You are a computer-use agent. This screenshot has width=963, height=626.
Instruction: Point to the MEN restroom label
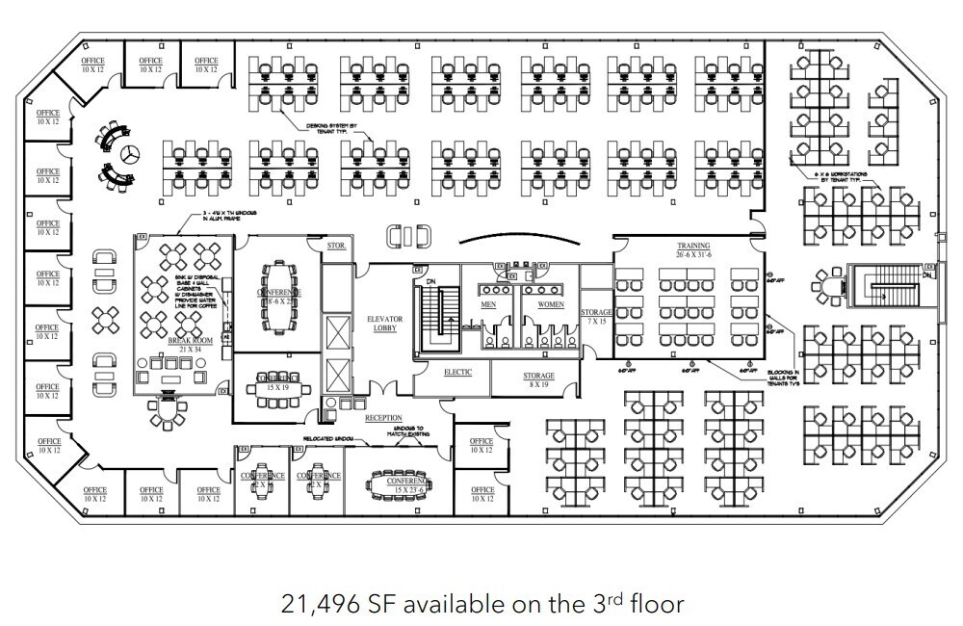488,304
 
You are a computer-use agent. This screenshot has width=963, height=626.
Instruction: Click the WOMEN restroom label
550,304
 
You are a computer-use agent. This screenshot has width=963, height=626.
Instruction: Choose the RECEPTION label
382,418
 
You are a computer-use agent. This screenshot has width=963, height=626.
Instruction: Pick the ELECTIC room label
457,372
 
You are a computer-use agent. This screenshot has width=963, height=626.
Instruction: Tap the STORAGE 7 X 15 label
597,316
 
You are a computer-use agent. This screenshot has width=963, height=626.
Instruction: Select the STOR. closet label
335,247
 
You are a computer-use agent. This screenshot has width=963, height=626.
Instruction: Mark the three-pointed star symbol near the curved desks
129,152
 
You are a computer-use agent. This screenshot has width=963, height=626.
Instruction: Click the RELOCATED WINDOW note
331,438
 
